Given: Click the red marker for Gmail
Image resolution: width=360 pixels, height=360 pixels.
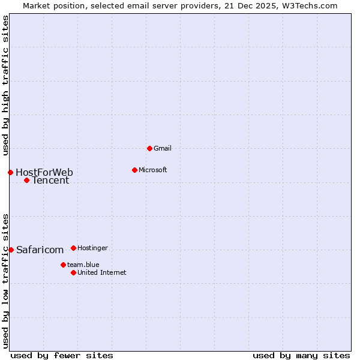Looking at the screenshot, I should pyautogui.click(x=149, y=148).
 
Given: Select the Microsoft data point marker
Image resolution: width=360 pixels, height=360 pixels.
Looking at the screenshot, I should pyautogui.click(x=134, y=170).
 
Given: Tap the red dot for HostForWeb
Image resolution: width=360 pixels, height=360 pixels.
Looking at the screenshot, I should pyautogui.click(x=10, y=173).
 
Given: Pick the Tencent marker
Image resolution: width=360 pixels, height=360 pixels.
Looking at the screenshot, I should pyautogui.click(x=26, y=180).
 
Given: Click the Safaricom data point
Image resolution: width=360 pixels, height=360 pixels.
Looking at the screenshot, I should pyautogui.click(x=11, y=250).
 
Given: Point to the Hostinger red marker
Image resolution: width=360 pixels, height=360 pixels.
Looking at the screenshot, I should pyautogui.click(x=73, y=248).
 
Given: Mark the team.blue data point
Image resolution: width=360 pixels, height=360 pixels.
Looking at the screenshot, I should pyautogui.click(x=63, y=265).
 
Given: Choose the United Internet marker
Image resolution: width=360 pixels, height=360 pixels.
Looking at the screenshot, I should pyautogui.click(x=73, y=272).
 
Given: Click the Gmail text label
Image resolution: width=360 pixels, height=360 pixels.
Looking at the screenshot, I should pyautogui.click(x=163, y=148).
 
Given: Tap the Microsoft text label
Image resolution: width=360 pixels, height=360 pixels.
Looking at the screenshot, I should pyautogui.click(x=152, y=170).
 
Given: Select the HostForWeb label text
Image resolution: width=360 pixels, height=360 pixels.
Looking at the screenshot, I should pyautogui.click(x=44, y=173).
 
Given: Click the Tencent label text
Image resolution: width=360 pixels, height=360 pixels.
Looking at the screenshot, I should pyautogui.click(x=50, y=180).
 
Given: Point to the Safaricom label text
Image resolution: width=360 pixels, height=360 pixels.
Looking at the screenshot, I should pyautogui.click(x=40, y=250).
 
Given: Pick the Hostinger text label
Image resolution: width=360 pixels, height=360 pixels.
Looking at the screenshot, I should pyautogui.click(x=92, y=248).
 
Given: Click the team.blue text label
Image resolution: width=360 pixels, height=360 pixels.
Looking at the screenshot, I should pyautogui.click(x=83, y=265).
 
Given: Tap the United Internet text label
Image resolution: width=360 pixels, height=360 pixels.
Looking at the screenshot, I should pyautogui.click(x=101, y=272).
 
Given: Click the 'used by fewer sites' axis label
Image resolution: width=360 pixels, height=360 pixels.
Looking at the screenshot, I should pyautogui.click(x=62, y=355).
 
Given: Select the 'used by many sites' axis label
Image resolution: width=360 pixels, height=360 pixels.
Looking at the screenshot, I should pyautogui.click(x=301, y=355).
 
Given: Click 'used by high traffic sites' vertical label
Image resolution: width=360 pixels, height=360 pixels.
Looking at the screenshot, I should pyautogui.click(x=5, y=85).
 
